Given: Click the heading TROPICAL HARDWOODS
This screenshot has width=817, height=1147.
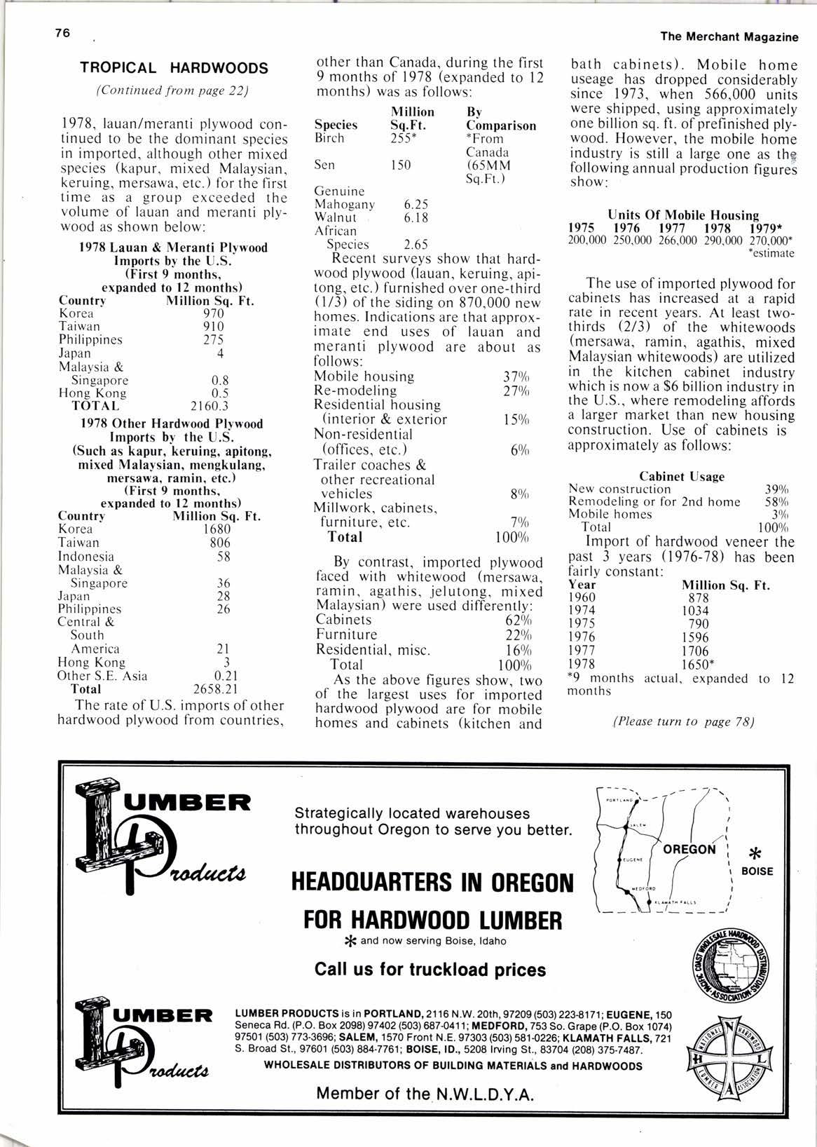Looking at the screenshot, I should [174, 68].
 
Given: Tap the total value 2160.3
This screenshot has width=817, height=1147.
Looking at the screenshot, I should [210, 406].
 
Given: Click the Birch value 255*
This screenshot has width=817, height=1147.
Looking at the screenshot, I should [401, 138].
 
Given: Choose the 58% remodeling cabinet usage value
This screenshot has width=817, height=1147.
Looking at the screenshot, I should [776, 501].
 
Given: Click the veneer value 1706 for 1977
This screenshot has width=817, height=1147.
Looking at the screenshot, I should [695, 650].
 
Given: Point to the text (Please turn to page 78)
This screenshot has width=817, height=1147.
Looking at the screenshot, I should [683, 721].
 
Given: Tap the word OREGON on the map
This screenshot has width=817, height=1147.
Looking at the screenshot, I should [689, 849].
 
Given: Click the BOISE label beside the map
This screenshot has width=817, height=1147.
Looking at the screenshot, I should [757, 871].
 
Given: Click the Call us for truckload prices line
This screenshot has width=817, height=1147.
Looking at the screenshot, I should [430, 970].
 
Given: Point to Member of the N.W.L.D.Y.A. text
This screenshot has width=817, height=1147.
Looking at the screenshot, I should [425, 1093].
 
